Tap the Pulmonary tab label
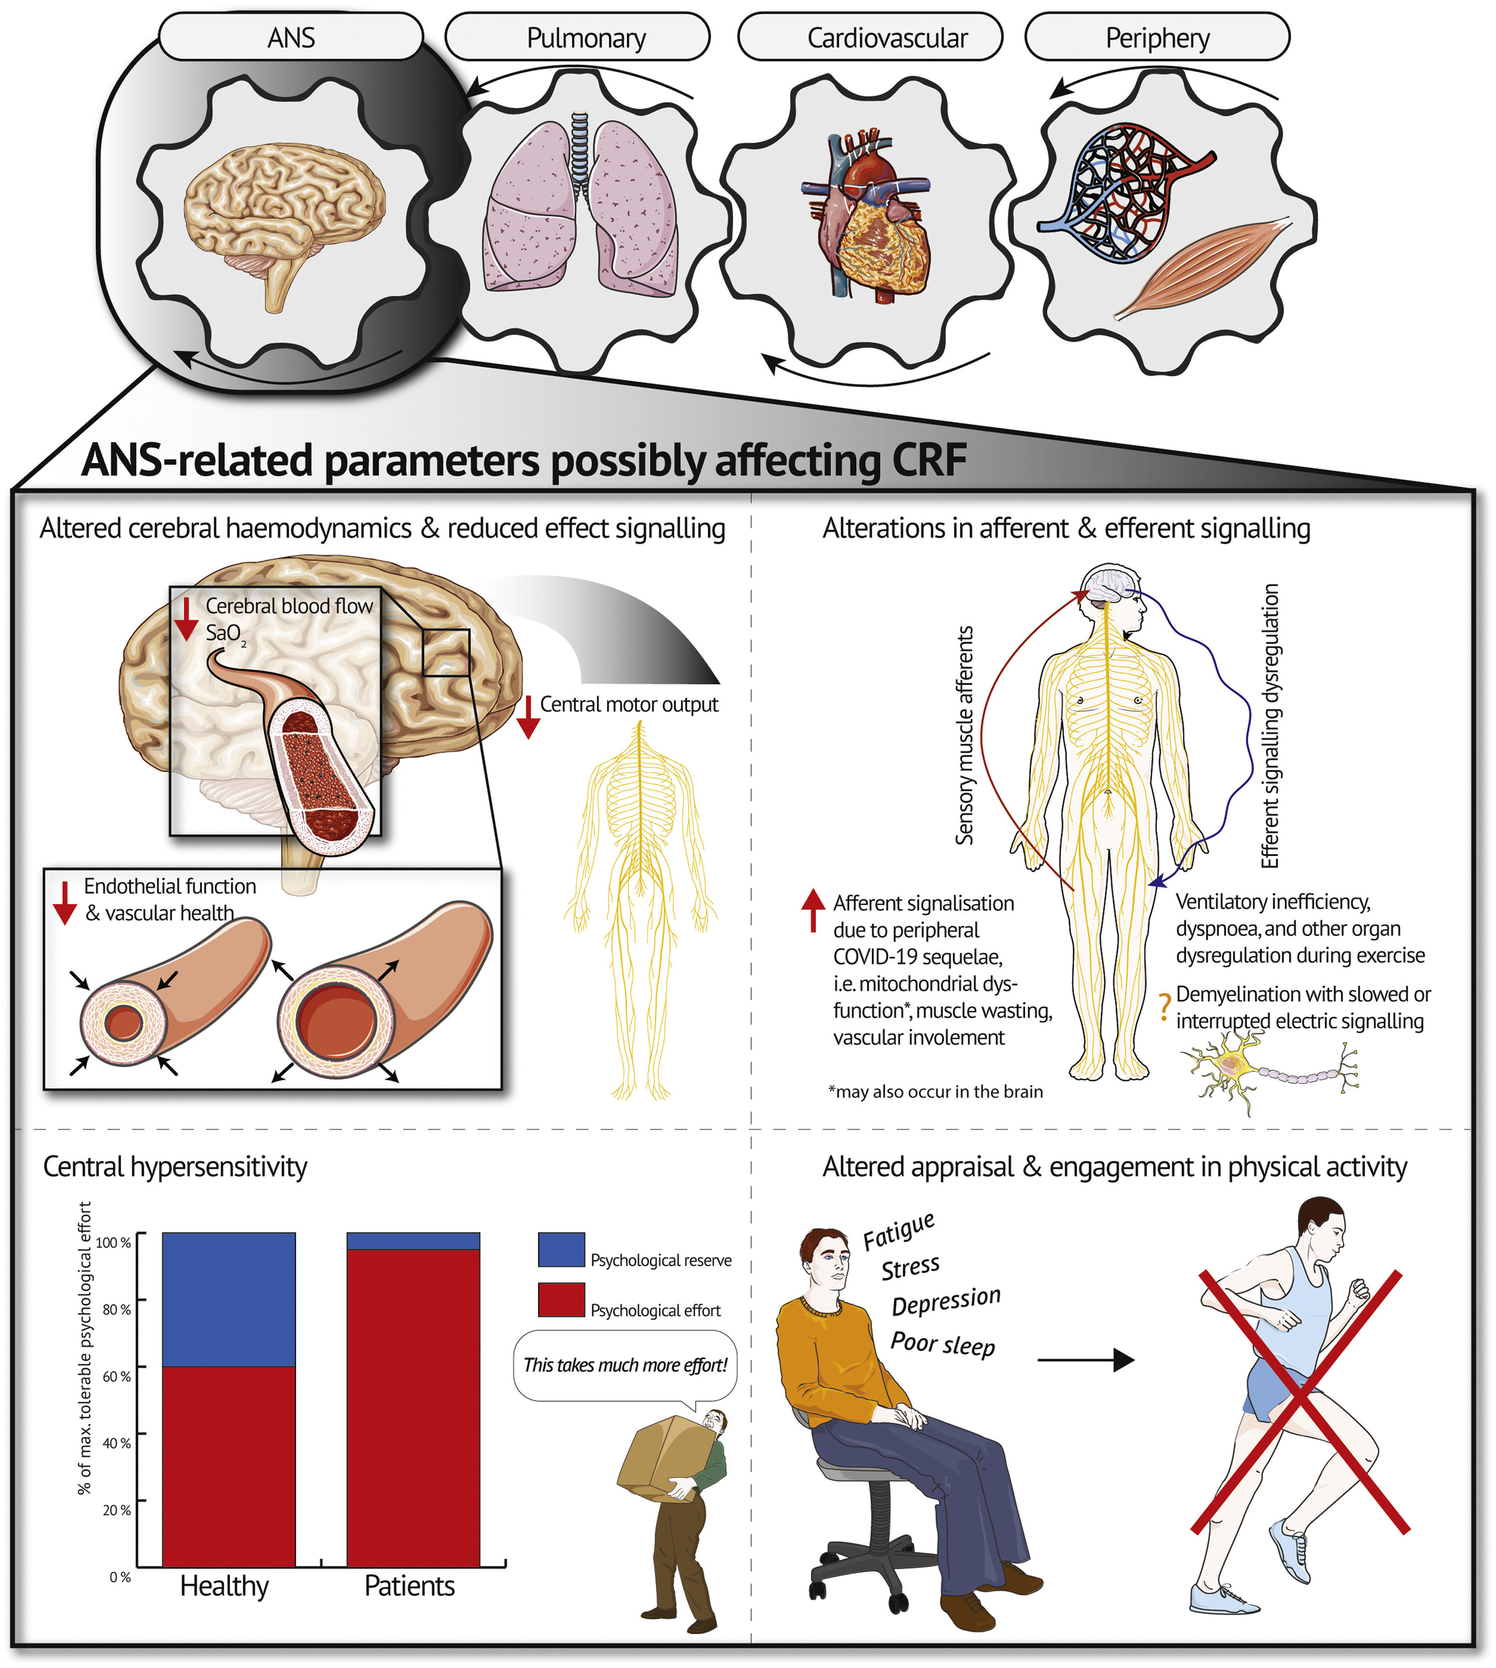tap(585, 38)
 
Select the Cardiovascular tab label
tap(887, 38)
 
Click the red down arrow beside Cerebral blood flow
tap(187, 618)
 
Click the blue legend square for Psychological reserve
tap(561, 1250)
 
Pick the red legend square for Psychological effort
tap(561, 1300)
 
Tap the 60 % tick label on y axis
tap(116, 1376)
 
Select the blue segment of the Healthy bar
tap(228, 1299)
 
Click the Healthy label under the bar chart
tap(224, 1585)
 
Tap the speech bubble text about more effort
tap(625, 1365)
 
